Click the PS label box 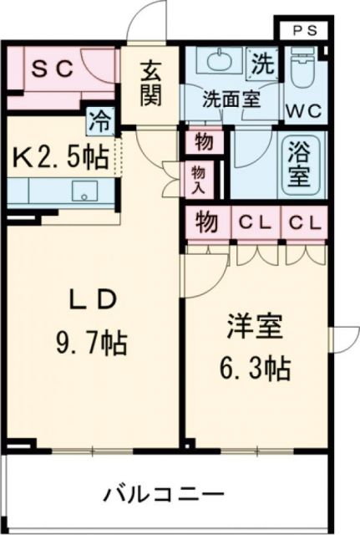(305, 29)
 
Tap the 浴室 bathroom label (300, 166)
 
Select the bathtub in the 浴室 (300, 166)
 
